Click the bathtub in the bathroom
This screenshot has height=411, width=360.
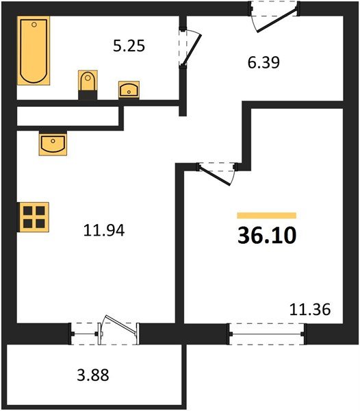(34, 51)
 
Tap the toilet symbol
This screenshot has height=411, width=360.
(88, 84)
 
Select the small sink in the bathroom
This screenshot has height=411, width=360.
(129, 90)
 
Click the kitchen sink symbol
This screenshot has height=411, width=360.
(53, 143)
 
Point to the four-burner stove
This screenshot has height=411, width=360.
(34, 217)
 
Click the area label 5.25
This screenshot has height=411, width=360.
(129, 46)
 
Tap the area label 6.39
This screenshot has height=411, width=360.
(263, 62)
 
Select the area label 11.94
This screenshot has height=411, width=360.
(104, 231)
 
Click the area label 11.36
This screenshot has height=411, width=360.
(310, 310)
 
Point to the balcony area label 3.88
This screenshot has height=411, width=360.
(93, 375)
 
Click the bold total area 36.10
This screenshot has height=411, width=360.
(267, 236)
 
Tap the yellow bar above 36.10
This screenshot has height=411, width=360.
(267, 216)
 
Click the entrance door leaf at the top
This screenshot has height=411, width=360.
(277, 21)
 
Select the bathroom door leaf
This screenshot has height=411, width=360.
(192, 49)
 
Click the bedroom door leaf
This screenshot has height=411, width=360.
(214, 175)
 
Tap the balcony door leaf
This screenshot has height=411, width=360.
(120, 324)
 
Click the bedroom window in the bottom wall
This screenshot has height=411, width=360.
(267, 334)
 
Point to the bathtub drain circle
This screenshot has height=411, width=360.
(34, 25)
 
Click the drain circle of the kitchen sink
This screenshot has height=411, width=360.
(53, 141)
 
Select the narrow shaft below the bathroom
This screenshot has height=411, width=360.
(68, 116)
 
